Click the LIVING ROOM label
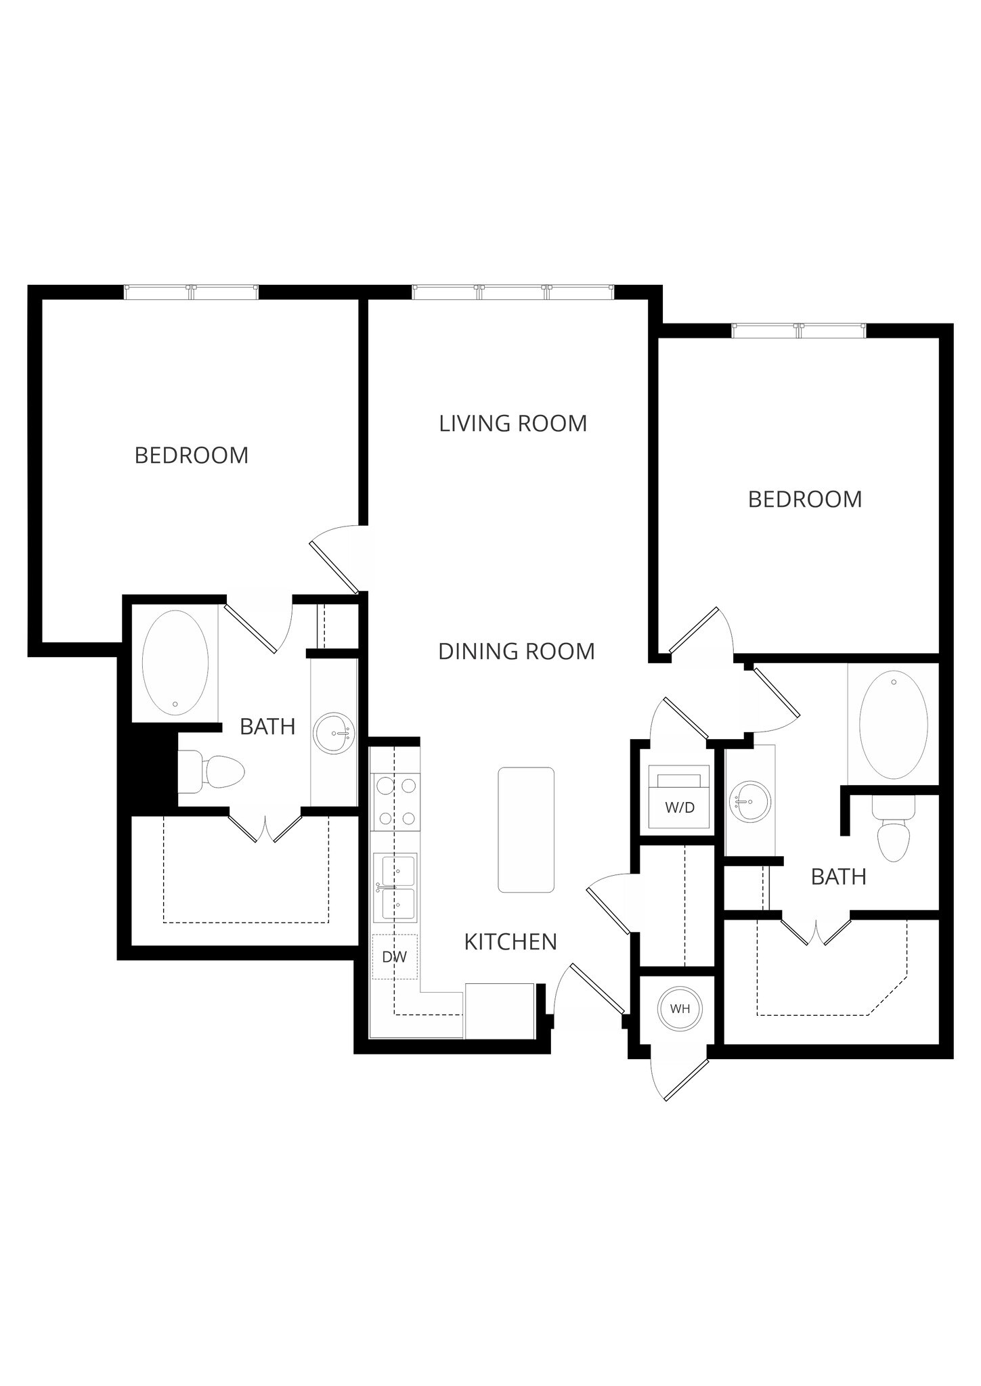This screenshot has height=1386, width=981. click(x=513, y=424)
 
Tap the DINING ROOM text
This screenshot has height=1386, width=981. click(x=516, y=652)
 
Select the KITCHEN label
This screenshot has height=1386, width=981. click(x=510, y=941)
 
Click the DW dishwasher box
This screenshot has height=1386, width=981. click(x=395, y=956)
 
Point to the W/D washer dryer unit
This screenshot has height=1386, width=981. click(x=679, y=798)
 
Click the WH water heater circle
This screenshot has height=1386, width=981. click(x=680, y=1008)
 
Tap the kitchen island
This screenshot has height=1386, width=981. click(x=526, y=829)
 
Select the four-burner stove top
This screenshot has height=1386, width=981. click(x=396, y=802)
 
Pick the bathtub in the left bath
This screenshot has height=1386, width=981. click(x=175, y=663)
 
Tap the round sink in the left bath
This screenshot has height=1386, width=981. click(x=335, y=732)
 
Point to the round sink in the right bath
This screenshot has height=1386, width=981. click(x=750, y=801)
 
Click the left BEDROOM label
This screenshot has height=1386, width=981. click(x=192, y=455)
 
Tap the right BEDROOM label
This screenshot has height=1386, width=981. click(x=805, y=499)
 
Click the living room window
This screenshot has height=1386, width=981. click(x=513, y=292)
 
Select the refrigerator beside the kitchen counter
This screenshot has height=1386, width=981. click(x=500, y=1010)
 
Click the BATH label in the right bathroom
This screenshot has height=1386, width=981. click(x=838, y=877)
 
